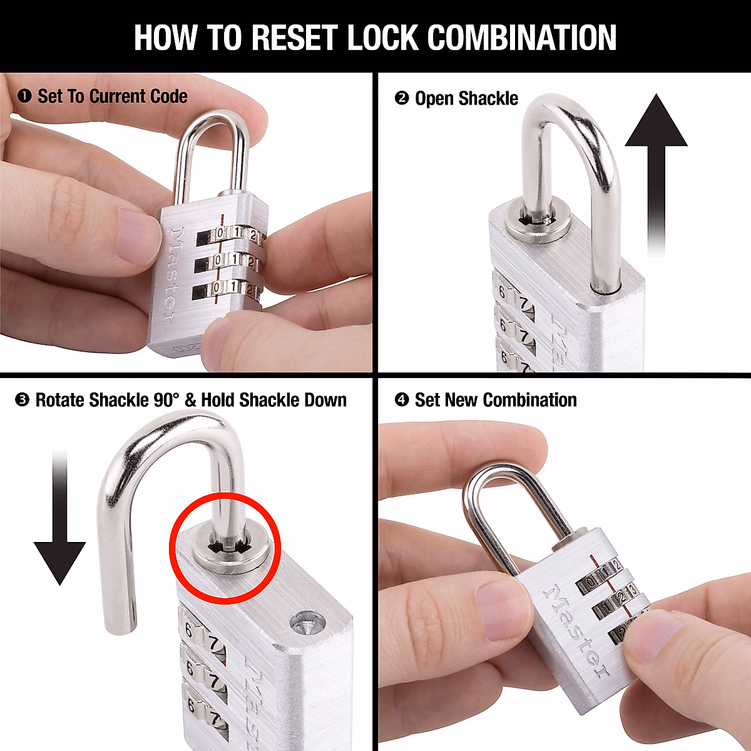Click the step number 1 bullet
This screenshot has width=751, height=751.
click(x=24, y=96)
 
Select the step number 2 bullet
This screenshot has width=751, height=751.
click(x=402, y=99)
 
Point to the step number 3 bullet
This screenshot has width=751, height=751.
click(x=22, y=401)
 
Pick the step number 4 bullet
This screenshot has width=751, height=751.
click(x=402, y=401)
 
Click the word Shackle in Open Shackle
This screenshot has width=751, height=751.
click(x=488, y=99)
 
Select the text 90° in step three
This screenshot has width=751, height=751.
click(x=166, y=401)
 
